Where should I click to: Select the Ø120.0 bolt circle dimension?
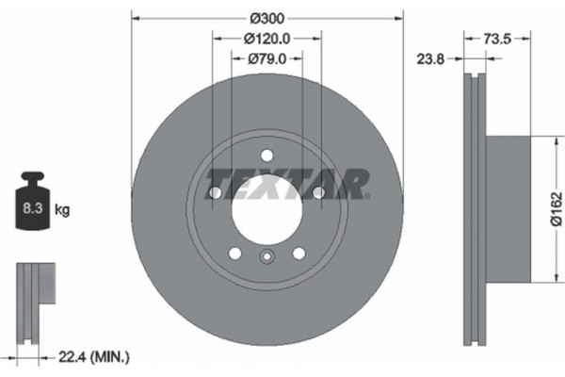pos(266,39)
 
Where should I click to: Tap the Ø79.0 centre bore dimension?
pos(267,58)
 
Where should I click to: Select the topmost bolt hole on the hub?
pos(267,156)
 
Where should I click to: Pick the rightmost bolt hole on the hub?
pos(318,193)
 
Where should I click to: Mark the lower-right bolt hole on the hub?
pos(299,253)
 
